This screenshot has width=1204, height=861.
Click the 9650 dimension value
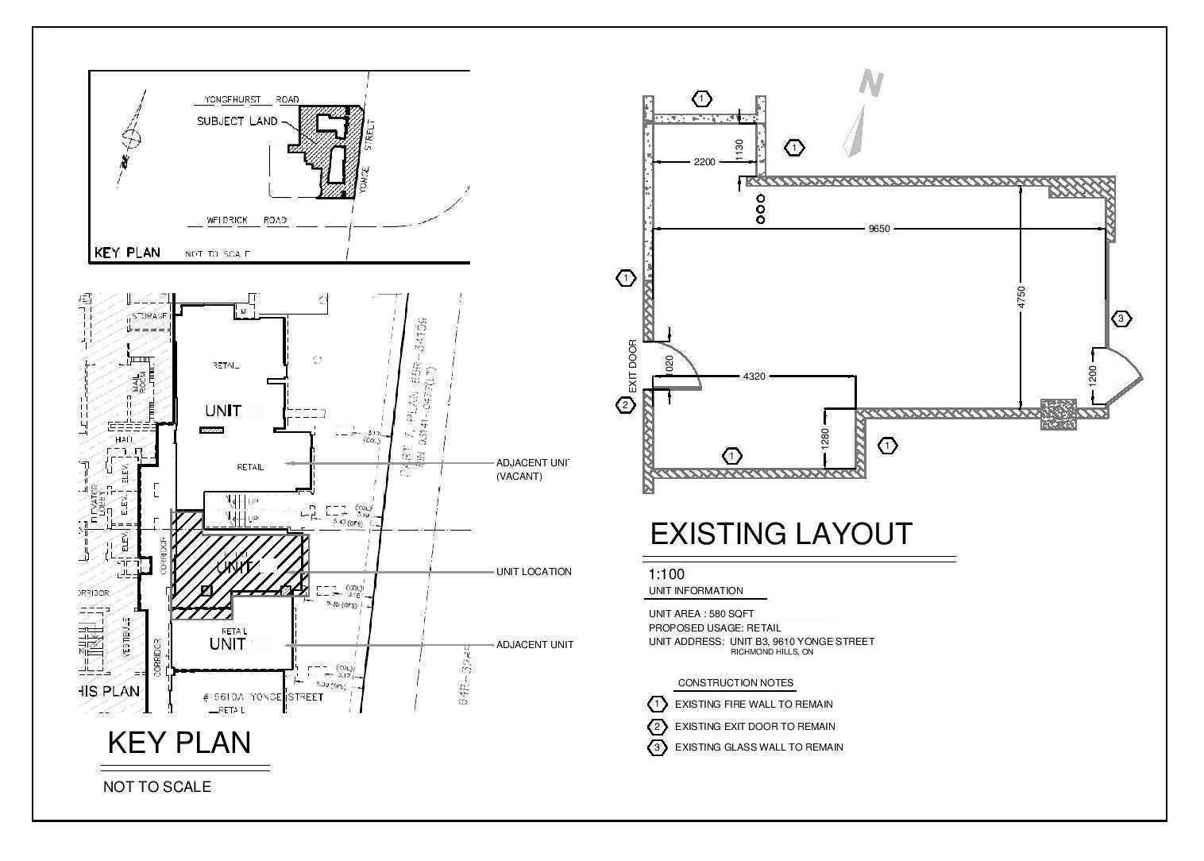point(879,229)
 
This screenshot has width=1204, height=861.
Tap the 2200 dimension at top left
point(704,162)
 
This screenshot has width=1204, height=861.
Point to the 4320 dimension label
point(754,376)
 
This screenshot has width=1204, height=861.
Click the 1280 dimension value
point(825,438)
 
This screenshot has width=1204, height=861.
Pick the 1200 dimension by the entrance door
point(1093,375)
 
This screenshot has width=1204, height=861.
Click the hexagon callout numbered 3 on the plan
point(1121,319)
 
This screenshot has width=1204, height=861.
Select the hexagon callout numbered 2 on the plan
point(626,405)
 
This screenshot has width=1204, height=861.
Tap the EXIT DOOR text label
point(633,366)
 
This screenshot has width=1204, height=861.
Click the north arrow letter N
point(872,83)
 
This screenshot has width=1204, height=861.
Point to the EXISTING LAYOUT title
point(781,534)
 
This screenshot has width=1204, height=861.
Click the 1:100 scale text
point(666,574)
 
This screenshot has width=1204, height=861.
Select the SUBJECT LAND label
point(237,122)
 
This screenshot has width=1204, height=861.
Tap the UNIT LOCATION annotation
point(533,572)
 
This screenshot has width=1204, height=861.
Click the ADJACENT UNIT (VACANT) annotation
point(532,469)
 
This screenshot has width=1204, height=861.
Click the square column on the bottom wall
point(1059,415)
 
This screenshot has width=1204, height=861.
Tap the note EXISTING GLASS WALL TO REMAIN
point(758,747)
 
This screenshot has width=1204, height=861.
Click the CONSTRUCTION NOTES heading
point(735,683)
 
